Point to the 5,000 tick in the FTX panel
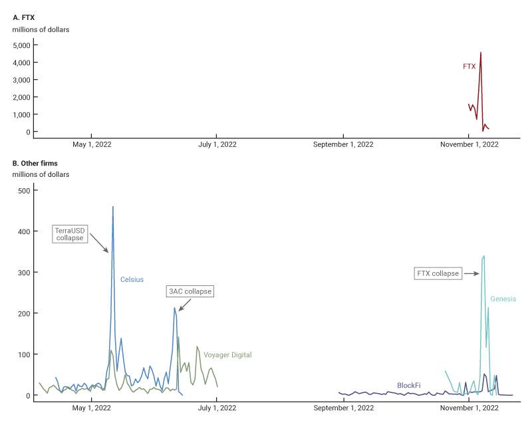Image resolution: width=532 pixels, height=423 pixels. pyautogui.click(x=22, y=45)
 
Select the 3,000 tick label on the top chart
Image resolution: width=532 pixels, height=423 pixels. pyautogui.click(x=22, y=80)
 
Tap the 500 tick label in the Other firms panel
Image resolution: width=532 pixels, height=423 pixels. pyautogui.click(x=24, y=191)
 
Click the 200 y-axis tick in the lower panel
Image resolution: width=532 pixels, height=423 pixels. pyautogui.click(x=24, y=313)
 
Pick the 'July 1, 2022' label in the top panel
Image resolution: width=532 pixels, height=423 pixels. pyautogui.click(x=217, y=144)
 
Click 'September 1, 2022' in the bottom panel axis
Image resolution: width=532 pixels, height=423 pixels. pyautogui.click(x=343, y=408)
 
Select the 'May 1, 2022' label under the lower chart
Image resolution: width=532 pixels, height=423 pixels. pyautogui.click(x=92, y=408)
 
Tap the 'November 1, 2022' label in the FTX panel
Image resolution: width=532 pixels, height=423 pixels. pyautogui.click(x=469, y=144)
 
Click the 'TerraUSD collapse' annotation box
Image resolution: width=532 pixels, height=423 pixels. pyautogui.click(x=70, y=234)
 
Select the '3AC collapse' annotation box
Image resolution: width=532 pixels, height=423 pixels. pyautogui.click(x=192, y=291)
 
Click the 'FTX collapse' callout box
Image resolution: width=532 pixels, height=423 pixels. pyautogui.click(x=437, y=273)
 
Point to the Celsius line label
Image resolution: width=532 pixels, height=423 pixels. pyautogui.click(x=132, y=280)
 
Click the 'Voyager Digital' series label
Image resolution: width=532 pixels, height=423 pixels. pyautogui.click(x=227, y=355)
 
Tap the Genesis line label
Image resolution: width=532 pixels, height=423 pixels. pyautogui.click(x=503, y=299)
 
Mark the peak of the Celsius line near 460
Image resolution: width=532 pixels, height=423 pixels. pyautogui.click(x=113, y=207)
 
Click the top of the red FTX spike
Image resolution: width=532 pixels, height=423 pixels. pyautogui.click(x=481, y=53)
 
